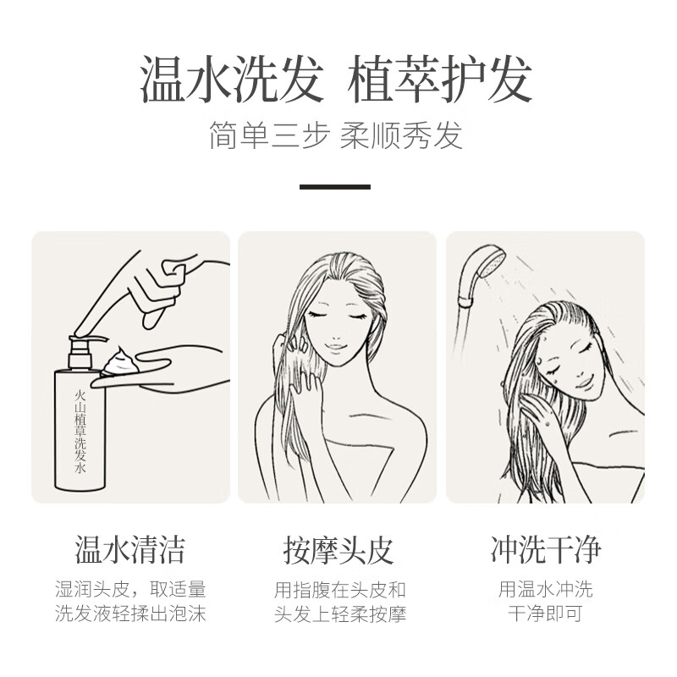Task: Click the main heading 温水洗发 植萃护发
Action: [x=336, y=80]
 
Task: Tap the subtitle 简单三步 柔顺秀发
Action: [x=336, y=135]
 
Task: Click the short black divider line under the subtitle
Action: [x=335, y=187]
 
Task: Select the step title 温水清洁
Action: [x=130, y=549]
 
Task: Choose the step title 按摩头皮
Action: [x=338, y=549]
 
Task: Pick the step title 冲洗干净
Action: [x=545, y=549]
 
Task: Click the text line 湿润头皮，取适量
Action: [x=130, y=589]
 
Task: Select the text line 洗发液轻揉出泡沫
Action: [x=130, y=614]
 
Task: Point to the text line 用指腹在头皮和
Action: [x=340, y=590]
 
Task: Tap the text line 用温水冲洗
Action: [x=546, y=589]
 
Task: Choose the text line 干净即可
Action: [x=546, y=614]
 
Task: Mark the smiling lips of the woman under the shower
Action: [x=585, y=383]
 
